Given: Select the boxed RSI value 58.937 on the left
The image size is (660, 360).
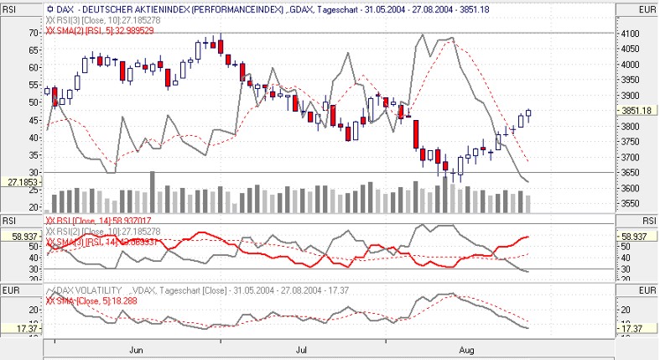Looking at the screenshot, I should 22,238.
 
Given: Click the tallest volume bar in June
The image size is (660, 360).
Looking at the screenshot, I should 152,192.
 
